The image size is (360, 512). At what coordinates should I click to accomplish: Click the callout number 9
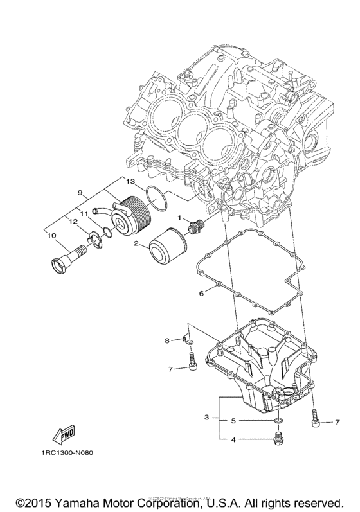click(x=81, y=192)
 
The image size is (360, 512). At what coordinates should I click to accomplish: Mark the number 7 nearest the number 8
click(x=170, y=369)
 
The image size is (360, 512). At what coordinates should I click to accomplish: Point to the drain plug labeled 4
click(x=278, y=438)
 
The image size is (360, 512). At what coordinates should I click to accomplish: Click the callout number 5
click(x=234, y=421)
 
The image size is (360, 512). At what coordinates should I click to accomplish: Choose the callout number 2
click(x=137, y=243)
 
